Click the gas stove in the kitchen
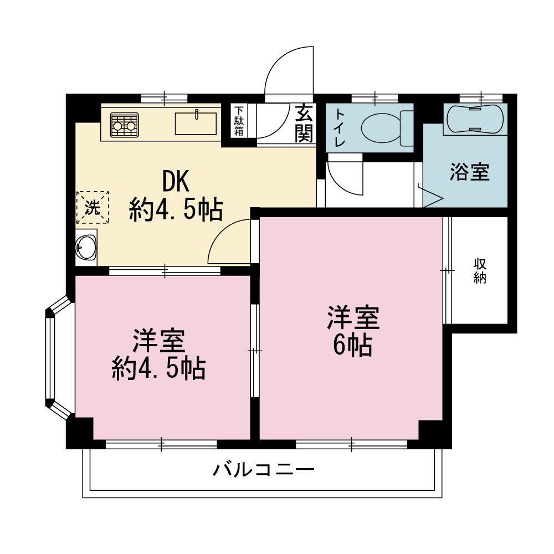124,125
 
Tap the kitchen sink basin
196,124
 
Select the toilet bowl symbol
387,127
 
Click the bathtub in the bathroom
475,119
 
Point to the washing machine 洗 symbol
93,207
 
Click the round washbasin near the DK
86,247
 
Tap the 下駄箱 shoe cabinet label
239,121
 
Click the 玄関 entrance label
304,124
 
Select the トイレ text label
340,128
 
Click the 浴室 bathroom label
470,172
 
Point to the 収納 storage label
480,271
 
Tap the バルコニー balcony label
264,470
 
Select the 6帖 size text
352,345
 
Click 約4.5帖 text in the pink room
158,369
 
